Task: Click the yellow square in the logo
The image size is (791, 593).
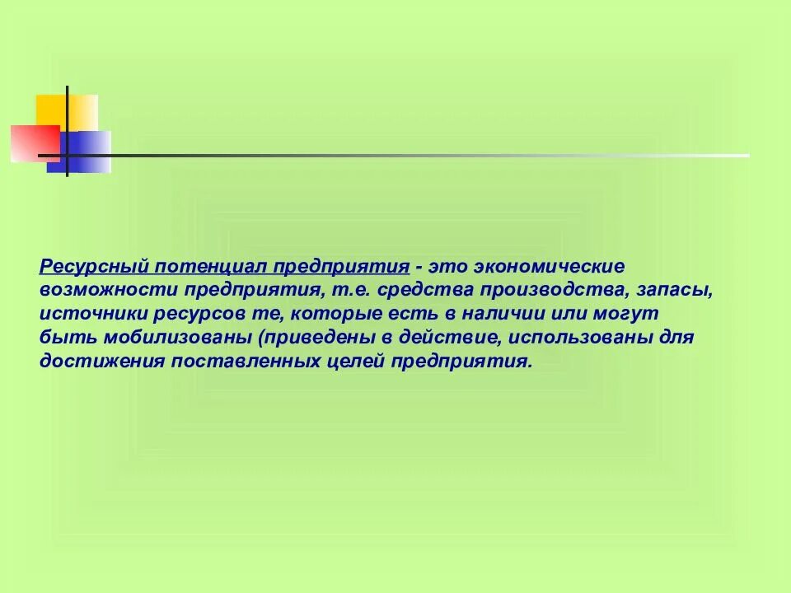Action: pos(66,112)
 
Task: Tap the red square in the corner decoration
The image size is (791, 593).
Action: pos(35,143)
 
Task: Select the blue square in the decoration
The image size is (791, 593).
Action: pos(81,153)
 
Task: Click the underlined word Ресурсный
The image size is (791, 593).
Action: pos(93,267)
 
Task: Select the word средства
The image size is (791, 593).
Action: pos(419,291)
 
